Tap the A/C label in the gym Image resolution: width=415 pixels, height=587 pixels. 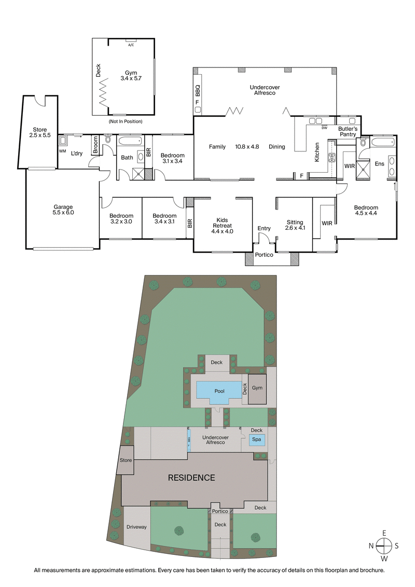coord(131,45)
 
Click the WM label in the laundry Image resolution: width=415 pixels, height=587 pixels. coord(62,151)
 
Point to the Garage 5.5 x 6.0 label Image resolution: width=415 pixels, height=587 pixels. coord(64,209)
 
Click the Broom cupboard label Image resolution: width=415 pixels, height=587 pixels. coord(95,145)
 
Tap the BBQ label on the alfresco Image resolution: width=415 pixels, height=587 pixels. coord(197,92)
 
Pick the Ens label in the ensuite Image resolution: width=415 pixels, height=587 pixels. coord(379,164)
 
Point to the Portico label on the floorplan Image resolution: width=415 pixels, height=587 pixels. coord(264,255)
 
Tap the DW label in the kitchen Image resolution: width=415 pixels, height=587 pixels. coord(324,128)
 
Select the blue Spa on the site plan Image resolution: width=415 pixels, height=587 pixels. coord(256,440)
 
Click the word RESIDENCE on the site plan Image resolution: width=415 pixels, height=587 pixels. coord(191,477)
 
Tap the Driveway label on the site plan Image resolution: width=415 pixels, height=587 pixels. coord(136,527)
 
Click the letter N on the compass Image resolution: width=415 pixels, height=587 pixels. coord(371,545)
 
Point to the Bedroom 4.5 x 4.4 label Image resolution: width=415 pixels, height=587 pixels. coord(366,209)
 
